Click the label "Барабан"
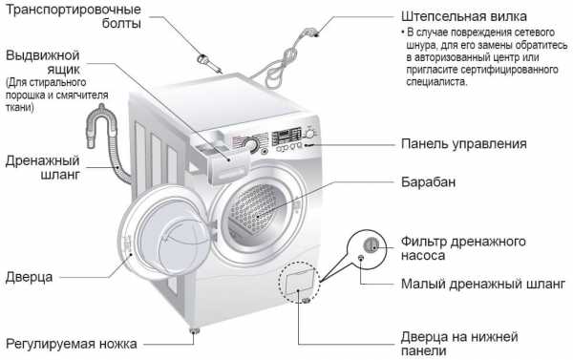[428, 182]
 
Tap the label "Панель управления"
[464, 144]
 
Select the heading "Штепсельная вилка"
[464, 16]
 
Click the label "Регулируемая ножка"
[72, 344]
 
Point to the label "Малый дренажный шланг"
[483, 284]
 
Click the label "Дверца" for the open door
[30, 277]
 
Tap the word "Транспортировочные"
[74, 10]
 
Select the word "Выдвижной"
[43, 55]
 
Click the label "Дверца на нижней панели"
[459, 344]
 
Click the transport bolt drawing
[209, 63]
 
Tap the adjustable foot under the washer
[194, 330]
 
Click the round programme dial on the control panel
[251, 144]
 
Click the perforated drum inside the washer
[257, 210]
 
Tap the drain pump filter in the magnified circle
[372, 244]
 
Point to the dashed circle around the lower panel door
[279, 282]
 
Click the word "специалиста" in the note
[436, 81]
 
